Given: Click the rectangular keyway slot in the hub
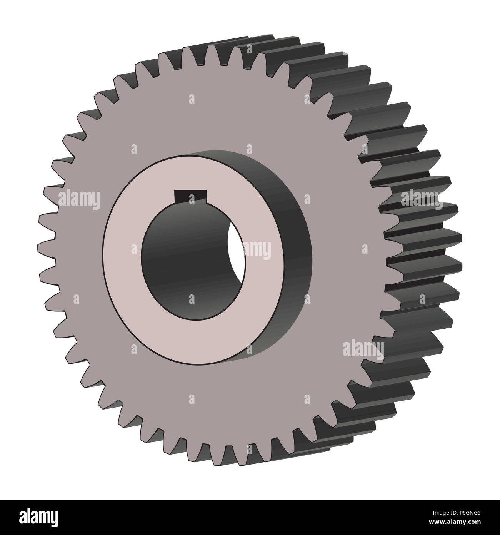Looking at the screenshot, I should coord(191,196).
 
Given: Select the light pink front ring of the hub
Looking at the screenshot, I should coord(127,269).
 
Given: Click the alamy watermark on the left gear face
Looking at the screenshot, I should coord(79,200).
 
